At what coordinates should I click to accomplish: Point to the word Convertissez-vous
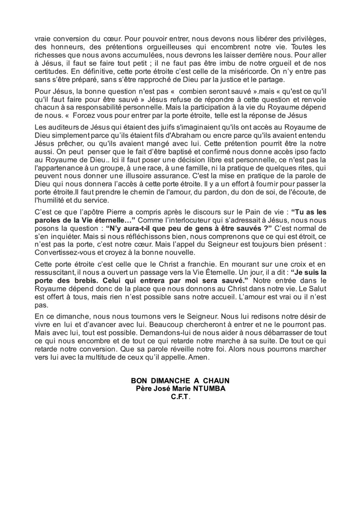61,252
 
